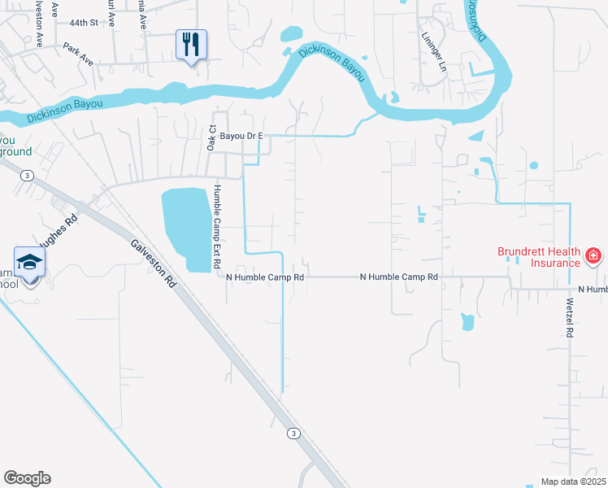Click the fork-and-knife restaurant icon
click(191, 44)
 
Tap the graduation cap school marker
click(29, 263)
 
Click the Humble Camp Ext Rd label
click(217, 231)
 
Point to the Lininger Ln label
click(434, 52)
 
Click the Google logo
click(27, 478)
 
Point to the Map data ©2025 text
click(572, 481)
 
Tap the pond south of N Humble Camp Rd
click(467, 322)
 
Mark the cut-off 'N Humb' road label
click(593, 290)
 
